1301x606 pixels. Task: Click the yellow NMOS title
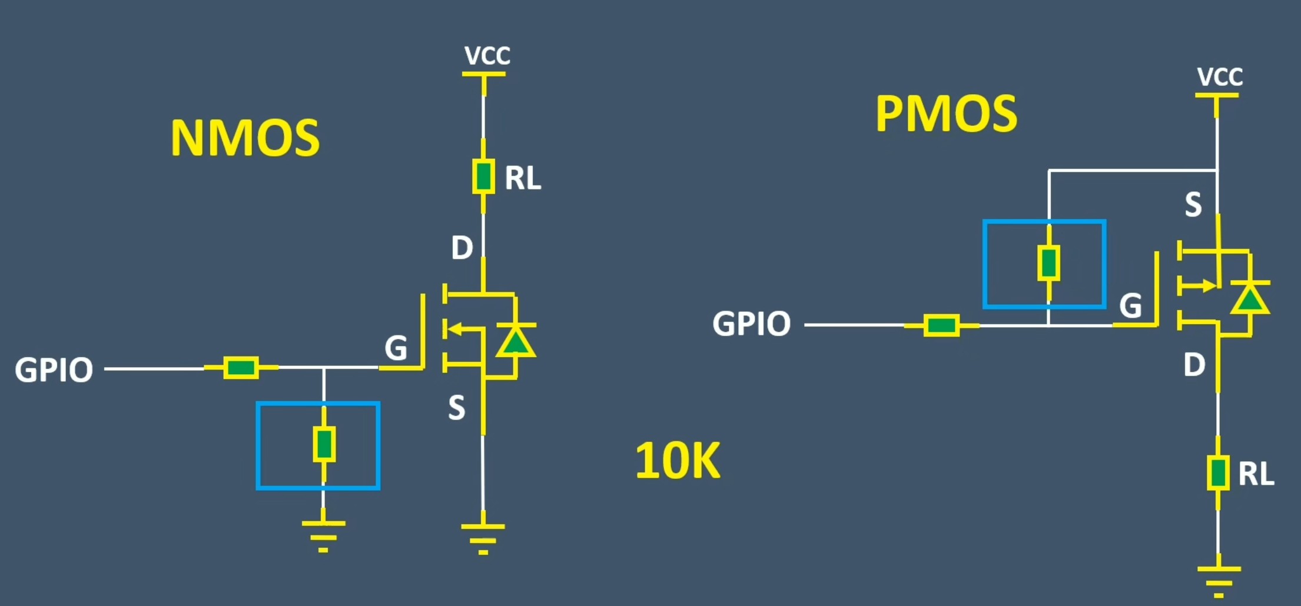tap(245, 138)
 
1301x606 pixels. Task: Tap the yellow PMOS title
tap(946, 114)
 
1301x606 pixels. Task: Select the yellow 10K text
tap(678, 461)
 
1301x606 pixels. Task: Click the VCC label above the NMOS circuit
tap(487, 56)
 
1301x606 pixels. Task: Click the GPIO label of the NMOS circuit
tap(54, 371)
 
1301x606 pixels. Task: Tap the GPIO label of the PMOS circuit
tap(752, 324)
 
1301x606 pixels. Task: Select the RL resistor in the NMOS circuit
tap(483, 177)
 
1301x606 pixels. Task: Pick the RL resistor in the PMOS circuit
tap(1217, 473)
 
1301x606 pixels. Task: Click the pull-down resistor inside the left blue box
tap(324, 444)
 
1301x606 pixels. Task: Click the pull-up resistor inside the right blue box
tap(1048, 263)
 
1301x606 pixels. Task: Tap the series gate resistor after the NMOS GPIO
tap(241, 368)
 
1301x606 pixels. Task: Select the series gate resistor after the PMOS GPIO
tap(941, 325)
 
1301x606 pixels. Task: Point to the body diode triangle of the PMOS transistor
tap(1249, 299)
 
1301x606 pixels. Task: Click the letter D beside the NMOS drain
tap(462, 248)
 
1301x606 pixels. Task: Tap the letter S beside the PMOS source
tap(1193, 205)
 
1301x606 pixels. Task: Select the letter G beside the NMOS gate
tap(396, 348)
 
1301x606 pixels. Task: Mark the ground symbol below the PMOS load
tap(1218, 580)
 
